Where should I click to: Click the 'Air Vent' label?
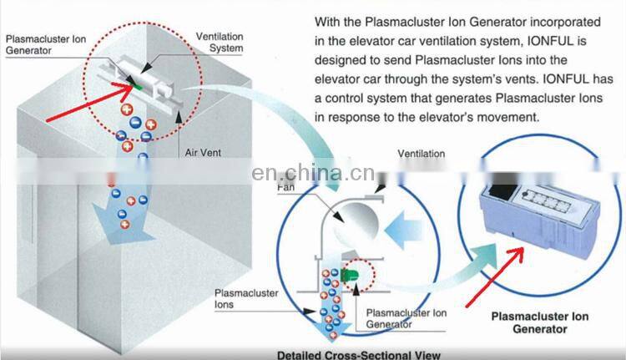[203, 153]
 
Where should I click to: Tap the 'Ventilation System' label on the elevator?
[220, 43]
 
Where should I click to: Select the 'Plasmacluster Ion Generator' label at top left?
[46, 45]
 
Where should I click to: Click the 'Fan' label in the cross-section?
[285, 187]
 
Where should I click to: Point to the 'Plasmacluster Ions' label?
[246, 298]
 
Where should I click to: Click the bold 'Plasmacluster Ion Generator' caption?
[540, 323]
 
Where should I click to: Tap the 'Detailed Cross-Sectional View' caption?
[359, 355]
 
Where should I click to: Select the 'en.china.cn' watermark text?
[313, 173]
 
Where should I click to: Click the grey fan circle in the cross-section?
[356, 224]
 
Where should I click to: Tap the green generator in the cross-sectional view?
[349, 275]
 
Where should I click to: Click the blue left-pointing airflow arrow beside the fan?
[403, 231]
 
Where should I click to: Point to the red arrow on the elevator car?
[90, 101]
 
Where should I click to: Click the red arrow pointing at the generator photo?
[495, 277]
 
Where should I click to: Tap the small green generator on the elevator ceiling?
[137, 85]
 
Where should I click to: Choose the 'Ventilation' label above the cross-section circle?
[422, 154]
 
